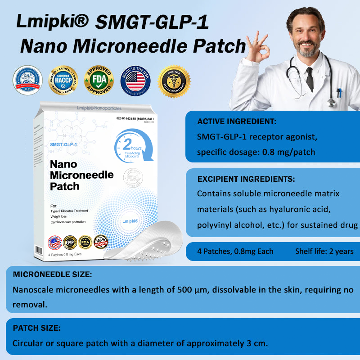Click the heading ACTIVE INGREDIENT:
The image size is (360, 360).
point(237,121)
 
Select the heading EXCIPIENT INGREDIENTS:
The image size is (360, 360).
point(246,179)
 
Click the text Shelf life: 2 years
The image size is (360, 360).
point(324,252)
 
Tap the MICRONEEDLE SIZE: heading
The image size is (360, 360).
point(53,274)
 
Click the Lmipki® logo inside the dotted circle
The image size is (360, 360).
point(130,221)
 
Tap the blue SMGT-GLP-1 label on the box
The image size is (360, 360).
point(63,144)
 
